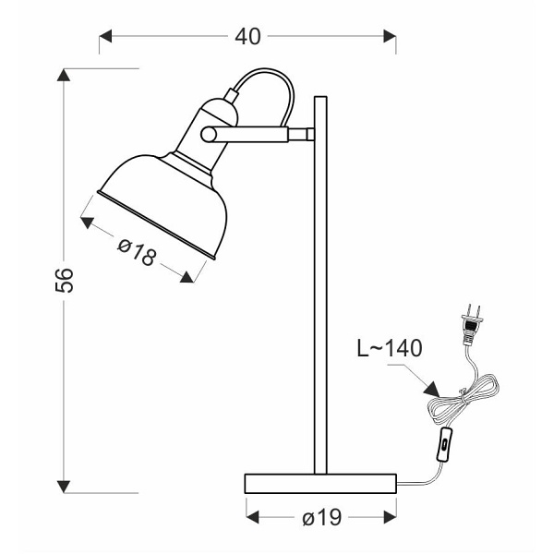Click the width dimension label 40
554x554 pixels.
[x=247, y=36]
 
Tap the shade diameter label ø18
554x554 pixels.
[x=138, y=249]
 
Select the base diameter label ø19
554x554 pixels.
[x=321, y=518]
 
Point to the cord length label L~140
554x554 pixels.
[x=389, y=348]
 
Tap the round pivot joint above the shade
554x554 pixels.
[x=211, y=135]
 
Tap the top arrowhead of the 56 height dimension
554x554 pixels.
[x=64, y=77]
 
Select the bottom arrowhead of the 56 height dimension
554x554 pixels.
[x=64, y=485]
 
